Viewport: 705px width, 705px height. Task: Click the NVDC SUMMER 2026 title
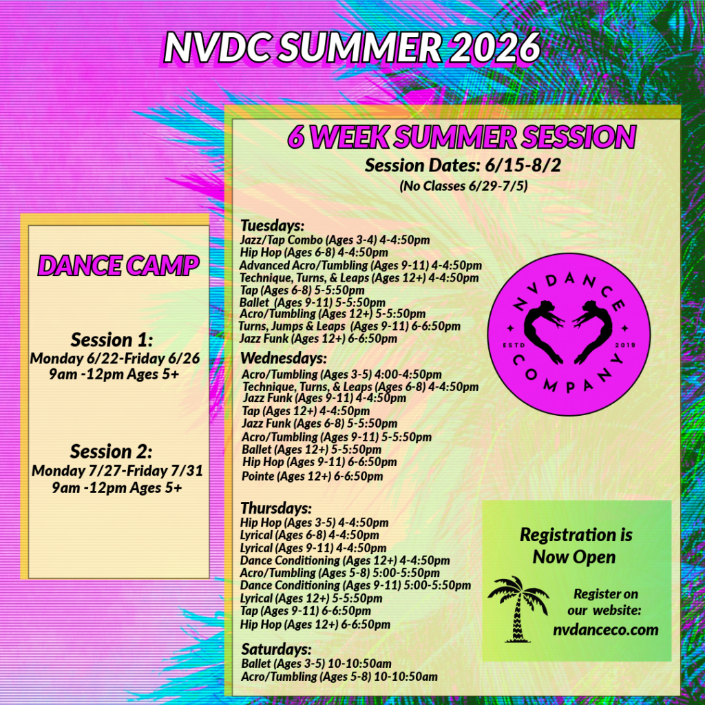click(352, 48)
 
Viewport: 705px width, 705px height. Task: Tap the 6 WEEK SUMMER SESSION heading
click(462, 136)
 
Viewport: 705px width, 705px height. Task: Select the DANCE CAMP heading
click(118, 265)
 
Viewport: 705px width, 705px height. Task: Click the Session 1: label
click(112, 340)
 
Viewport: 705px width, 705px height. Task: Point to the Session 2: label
click(112, 451)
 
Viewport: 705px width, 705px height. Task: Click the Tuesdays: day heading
click(273, 225)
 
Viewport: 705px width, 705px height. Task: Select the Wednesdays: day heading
click(284, 358)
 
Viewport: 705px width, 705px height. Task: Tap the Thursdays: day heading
click(276, 507)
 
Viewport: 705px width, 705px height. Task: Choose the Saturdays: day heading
click(276, 649)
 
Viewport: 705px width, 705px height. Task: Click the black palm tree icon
click(518, 609)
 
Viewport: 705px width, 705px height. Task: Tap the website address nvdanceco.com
click(606, 629)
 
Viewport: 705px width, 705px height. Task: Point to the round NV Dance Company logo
click(569, 334)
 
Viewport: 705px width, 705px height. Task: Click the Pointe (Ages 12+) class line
click(313, 476)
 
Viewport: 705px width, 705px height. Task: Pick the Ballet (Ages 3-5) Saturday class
click(316, 663)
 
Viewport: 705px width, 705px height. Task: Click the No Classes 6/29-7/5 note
click(463, 186)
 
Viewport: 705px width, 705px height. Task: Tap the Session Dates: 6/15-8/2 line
click(463, 165)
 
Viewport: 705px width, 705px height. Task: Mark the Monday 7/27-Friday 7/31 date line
click(117, 471)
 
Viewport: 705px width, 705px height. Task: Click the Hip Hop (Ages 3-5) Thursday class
click(314, 523)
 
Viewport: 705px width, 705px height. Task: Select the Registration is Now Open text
click(576, 546)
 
